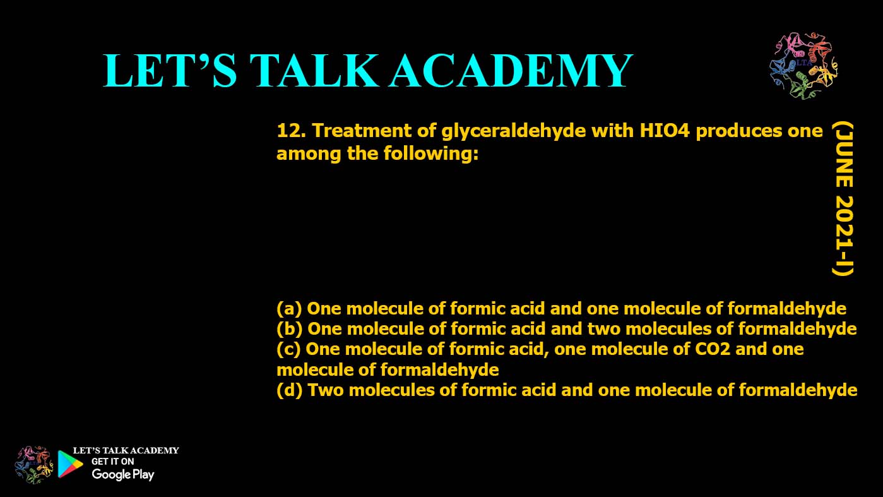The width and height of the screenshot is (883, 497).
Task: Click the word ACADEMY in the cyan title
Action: coord(510,71)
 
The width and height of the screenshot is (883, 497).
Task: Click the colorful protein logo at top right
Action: coord(803,66)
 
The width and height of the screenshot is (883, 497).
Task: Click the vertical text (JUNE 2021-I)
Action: coord(842,199)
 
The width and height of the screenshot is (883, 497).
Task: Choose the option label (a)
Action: coord(288,309)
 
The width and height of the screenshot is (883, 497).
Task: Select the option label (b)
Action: coord(288,329)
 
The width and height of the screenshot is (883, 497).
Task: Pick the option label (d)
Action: coord(288,390)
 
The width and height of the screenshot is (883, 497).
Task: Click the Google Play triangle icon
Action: coord(70,464)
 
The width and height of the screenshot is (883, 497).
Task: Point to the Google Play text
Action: coord(122,475)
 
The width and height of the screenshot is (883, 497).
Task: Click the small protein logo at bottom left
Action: coord(34,464)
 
